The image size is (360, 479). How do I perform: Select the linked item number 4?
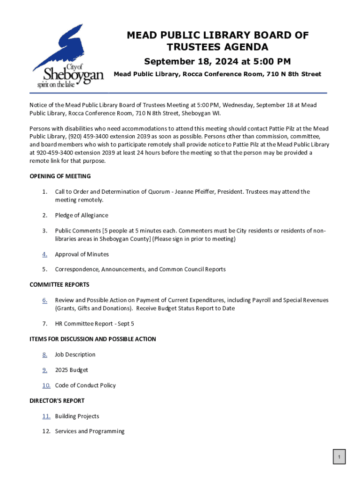[44, 254]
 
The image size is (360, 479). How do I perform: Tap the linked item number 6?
[44, 300]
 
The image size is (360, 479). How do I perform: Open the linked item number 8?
[44, 355]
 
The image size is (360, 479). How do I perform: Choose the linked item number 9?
[44, 370]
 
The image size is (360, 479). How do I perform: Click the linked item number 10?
[46, 385]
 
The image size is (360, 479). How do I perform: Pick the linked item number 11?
[46, 416]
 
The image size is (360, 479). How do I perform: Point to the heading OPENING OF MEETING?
[60, 176]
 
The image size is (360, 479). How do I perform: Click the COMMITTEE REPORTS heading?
[59, 285]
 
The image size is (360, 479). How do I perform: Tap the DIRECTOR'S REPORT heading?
[57, 401]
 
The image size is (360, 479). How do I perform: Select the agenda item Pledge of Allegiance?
[81, 216]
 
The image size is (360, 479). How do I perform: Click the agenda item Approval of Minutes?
[82, 254]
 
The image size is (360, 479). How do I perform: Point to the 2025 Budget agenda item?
[72, 370]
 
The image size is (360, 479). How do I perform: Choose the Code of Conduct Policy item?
[85, 385]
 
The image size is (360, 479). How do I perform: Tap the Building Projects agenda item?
[77, 416]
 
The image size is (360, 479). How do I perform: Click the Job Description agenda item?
[75, 355]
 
